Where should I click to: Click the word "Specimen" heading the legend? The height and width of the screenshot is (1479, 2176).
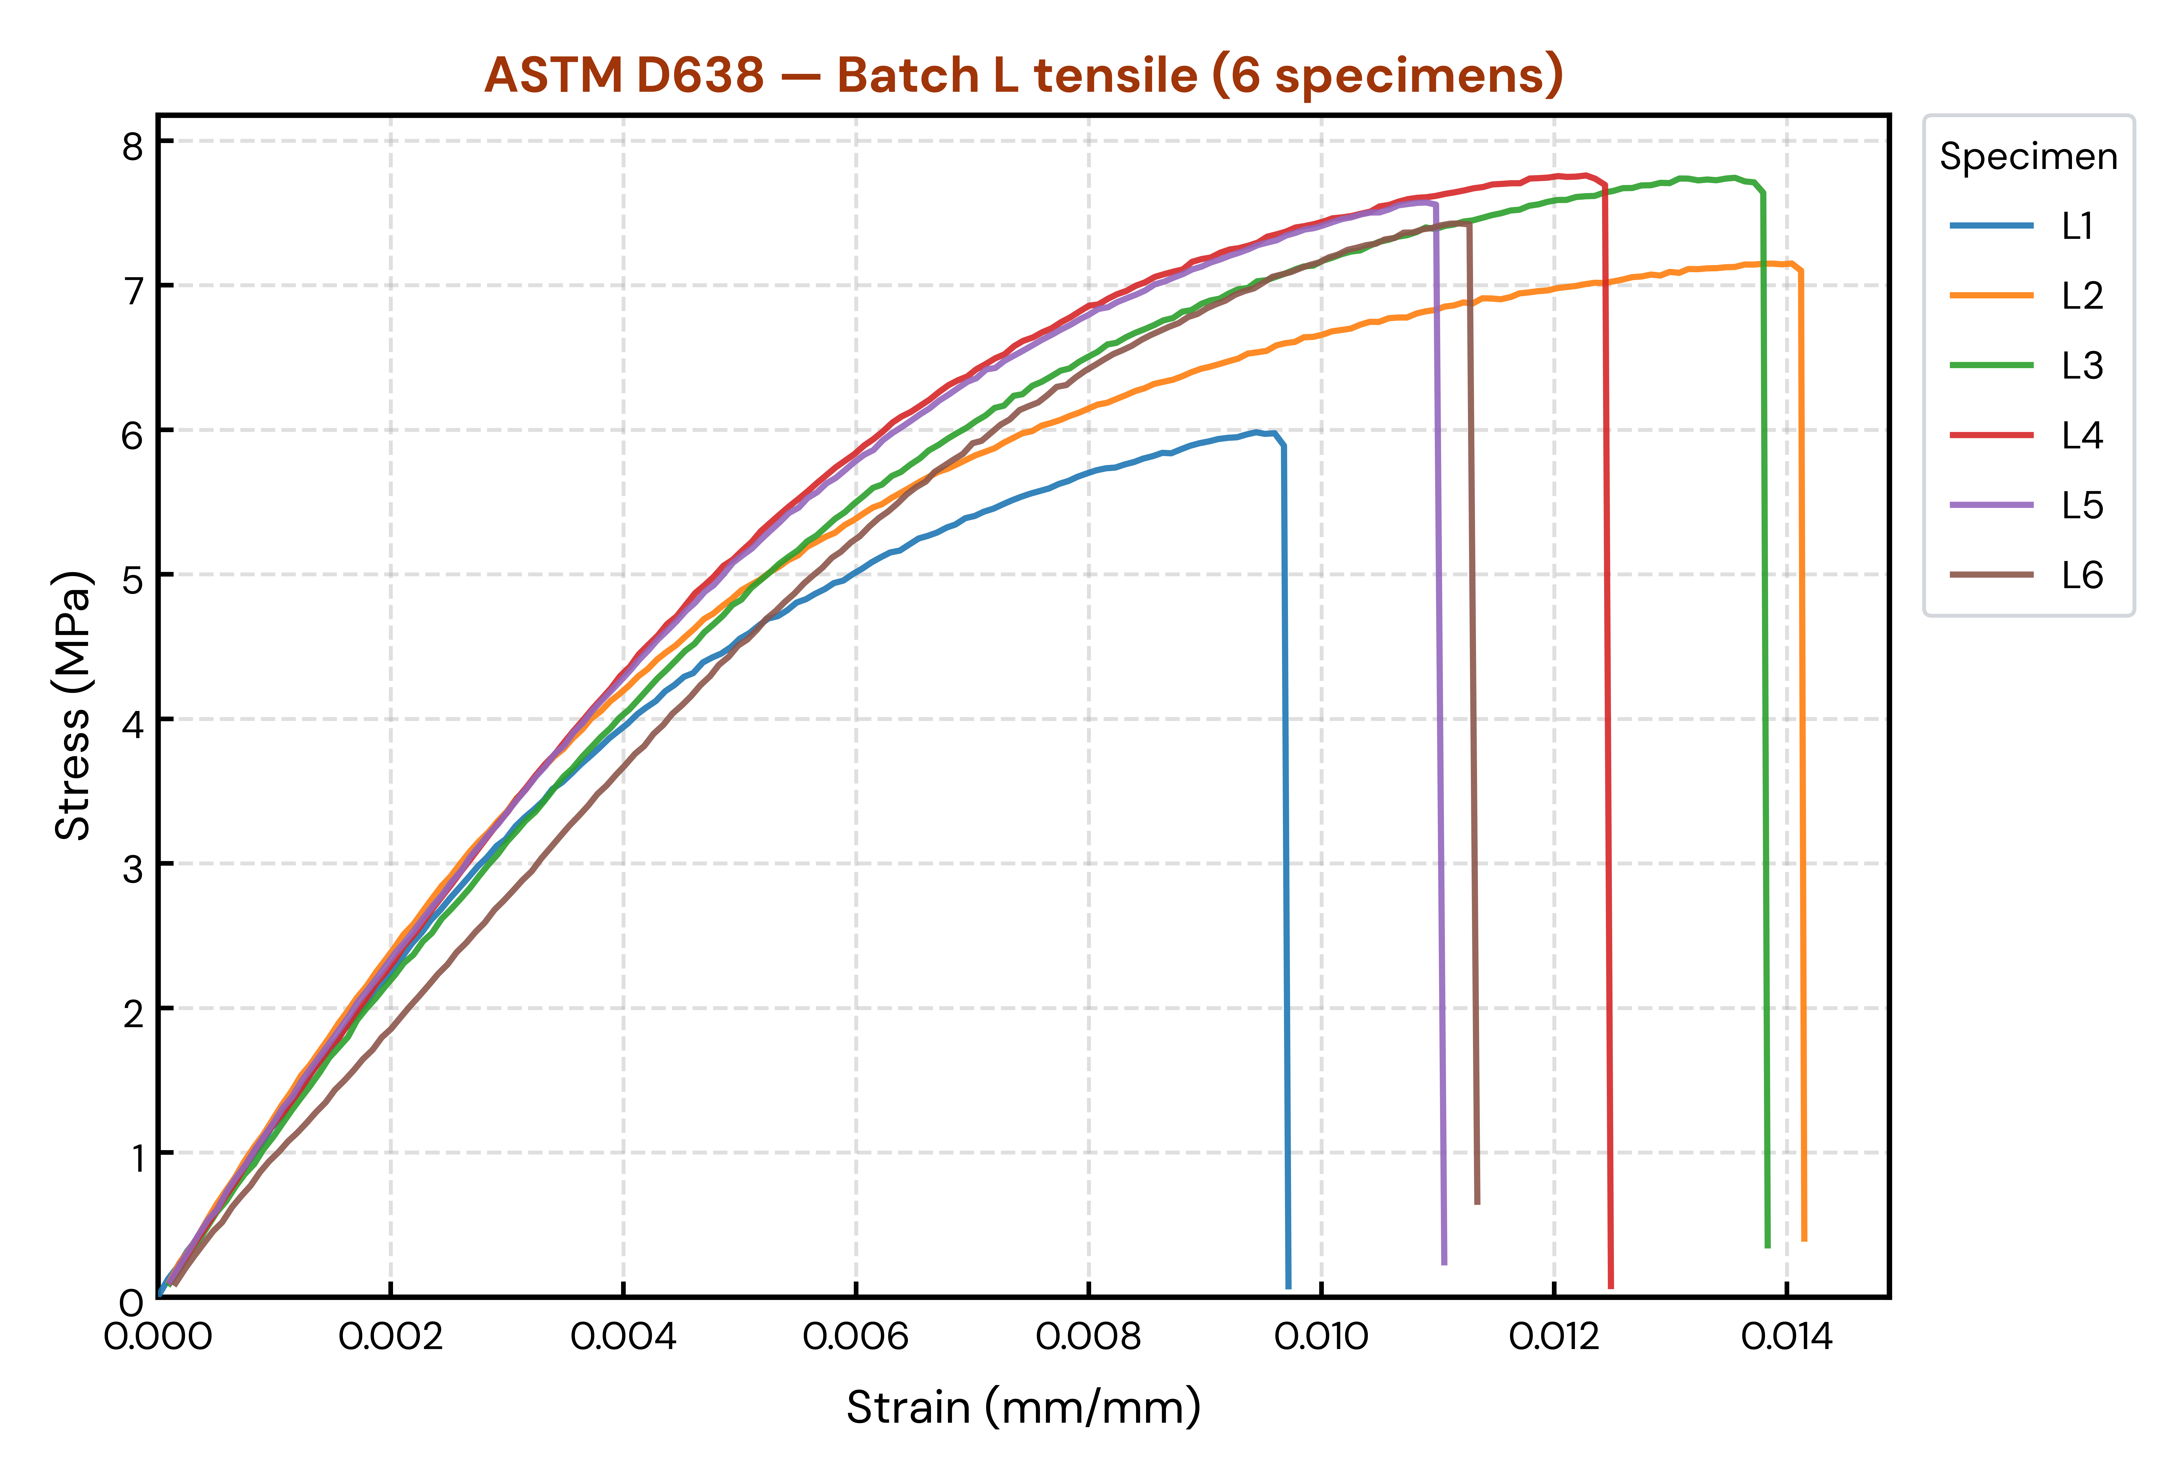pos(2028,156)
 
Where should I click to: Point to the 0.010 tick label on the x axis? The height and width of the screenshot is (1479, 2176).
pos(1321,1337)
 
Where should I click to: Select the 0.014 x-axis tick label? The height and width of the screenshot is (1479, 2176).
pos(1786,1337)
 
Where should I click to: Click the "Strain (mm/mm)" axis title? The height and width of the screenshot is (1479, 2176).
pos(1023,1407)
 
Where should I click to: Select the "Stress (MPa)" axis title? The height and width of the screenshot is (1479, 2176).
pos(73,705)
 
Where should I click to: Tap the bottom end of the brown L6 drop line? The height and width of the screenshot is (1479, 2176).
pos(1477,1203)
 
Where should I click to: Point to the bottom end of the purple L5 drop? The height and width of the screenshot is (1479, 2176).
pos(1445,1264)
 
